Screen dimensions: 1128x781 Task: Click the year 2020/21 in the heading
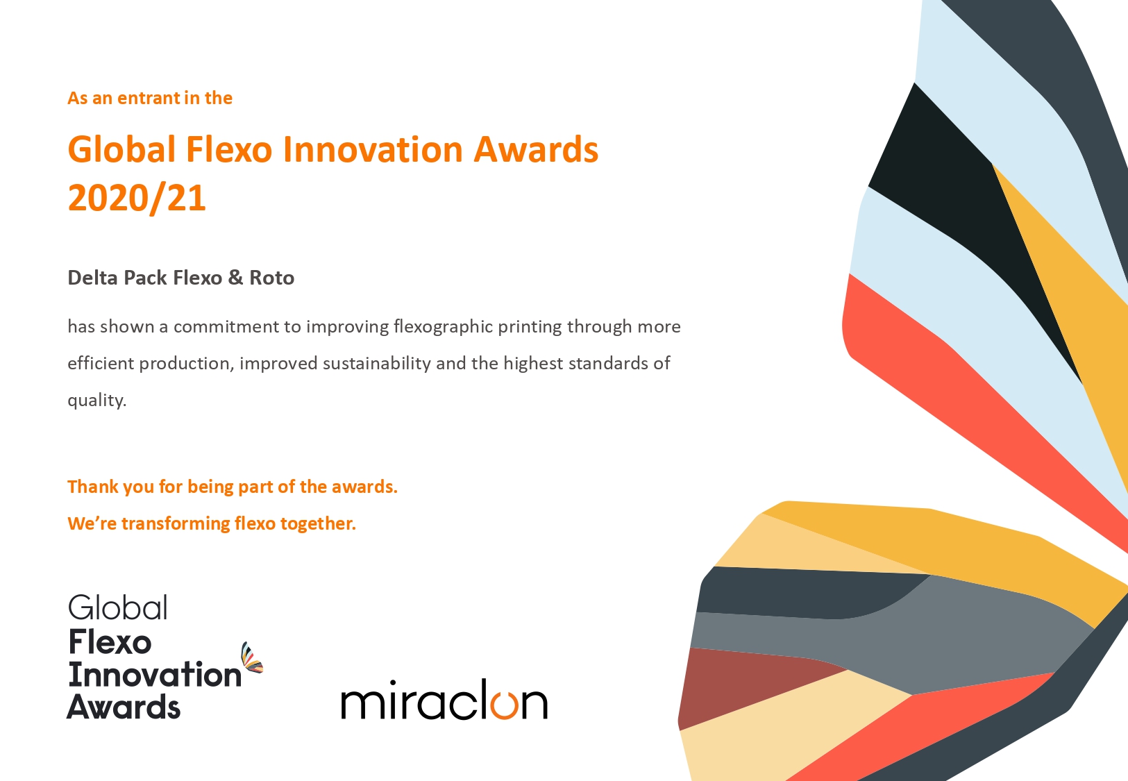tap(137, 198)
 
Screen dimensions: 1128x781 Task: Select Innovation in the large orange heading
tap(373, 149)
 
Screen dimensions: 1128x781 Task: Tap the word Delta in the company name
tap(92, 278)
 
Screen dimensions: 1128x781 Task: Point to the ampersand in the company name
tap(235, 278)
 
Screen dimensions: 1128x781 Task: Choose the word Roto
tap(272, 278)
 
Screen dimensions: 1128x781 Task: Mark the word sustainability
tap(377, 363)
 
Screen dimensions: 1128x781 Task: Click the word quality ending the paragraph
tap(96, 401)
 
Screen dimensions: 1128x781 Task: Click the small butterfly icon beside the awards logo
tap(252, 658)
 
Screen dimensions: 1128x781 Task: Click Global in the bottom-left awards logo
tap(118, 607)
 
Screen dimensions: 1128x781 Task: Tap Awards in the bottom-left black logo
tap(124, 706)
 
